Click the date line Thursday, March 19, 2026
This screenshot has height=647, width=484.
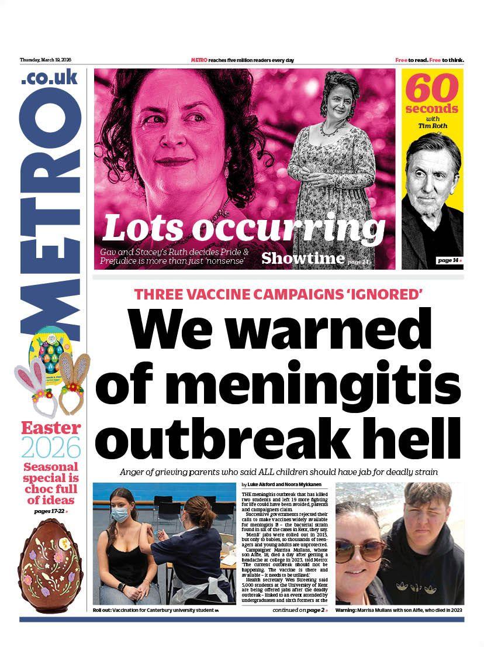pyautogui.click(x=45, y=60)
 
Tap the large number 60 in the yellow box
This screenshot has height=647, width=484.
pyautogui.click(x=433, y=89)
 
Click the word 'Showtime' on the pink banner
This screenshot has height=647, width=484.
pyautogui.click(x=302, y=258)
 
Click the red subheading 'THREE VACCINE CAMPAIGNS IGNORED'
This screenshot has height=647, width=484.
pyautogui.click(x=278, y=295)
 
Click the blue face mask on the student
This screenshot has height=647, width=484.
pyautogui.click(x=119, y=514)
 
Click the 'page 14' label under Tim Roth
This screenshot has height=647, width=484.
pyautogui.click(x=449, y=260)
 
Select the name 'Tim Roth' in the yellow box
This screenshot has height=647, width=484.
pyautogui.click(x=432, y=125)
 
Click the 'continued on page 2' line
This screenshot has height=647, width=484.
pyautogui.click(x=300, y=610)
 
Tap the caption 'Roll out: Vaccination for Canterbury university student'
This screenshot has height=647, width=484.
pyautogui.click(x=155, y=611)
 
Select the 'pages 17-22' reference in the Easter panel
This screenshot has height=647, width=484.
pyautogui.click(x=50, y=511)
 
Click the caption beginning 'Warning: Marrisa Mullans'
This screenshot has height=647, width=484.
pyautogui.click(x=399, y=611)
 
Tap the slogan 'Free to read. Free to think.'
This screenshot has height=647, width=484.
pyautogui.click(x=429, y=60)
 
